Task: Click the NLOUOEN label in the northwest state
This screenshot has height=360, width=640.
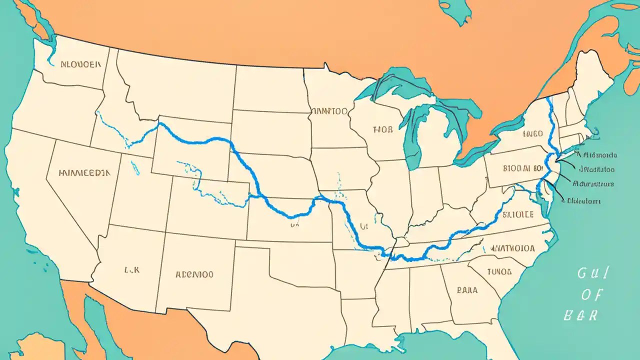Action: click(80, 64)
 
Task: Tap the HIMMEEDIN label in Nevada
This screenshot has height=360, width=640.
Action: click(83, 173)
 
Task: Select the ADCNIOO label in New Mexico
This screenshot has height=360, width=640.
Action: click(194, 274)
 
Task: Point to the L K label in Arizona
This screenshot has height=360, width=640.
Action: click(131, 269)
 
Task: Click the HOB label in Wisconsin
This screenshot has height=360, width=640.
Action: click(383, 129)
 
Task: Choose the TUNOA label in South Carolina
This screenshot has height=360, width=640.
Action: click(499, 272)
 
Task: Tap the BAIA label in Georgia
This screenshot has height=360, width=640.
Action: click(467, 289)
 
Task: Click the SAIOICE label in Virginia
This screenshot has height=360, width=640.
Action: click(518, 214)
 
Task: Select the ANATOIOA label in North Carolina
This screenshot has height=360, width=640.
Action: click(513, 247)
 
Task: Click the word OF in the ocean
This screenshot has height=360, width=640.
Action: click(591, 295)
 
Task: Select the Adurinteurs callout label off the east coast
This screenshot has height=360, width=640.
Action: click(592, 184)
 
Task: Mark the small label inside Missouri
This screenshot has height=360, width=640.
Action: click(363, 226)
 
